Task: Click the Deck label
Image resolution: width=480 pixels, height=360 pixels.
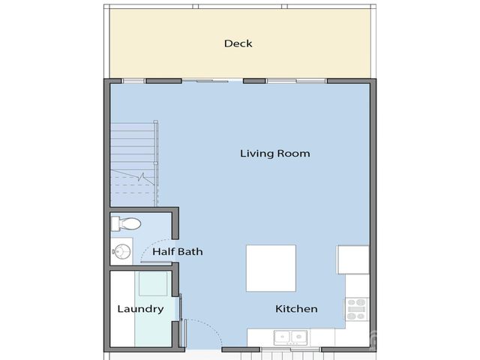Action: coord(238,43)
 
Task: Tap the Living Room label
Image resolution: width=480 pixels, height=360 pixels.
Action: coord(274,154)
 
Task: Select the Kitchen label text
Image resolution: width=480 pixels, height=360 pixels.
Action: coord(296,309)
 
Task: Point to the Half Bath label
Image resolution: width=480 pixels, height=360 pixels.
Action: coord(178,252)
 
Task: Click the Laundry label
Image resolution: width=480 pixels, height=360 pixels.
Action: coord(140,309)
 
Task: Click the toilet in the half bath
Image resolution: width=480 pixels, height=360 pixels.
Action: coord(126,223)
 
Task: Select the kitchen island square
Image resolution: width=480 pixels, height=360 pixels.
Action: coord(271,268)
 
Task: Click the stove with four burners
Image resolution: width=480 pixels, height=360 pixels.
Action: coord(357,309)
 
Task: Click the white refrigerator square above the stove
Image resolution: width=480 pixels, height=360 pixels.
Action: coord(353,259)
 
